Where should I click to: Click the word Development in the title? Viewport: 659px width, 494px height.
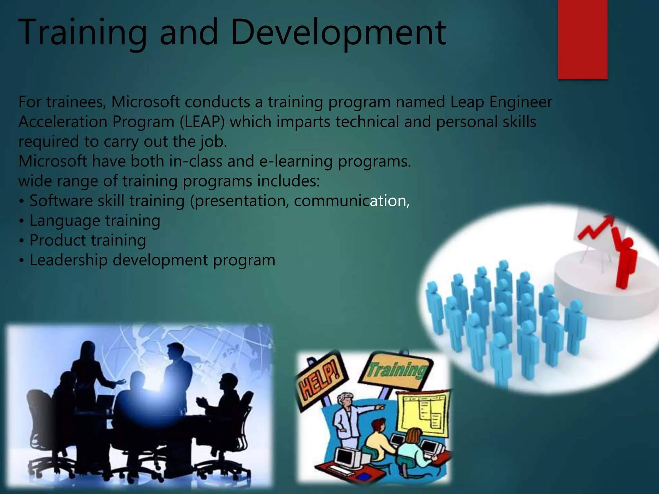pyautogui.click(x=338, y=32)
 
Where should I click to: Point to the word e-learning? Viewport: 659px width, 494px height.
pyautogui.click(x=296, y=161)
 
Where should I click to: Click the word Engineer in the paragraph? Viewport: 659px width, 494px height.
pyautogui.click(x=521, y=102)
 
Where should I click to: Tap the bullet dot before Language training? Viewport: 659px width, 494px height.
pyautogui.click(x=21, y=221)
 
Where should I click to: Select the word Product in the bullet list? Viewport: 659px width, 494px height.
pyautogui.click(x=58, y=240)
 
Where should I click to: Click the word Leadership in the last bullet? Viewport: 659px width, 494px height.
pyautogui.click(x=68, y=260)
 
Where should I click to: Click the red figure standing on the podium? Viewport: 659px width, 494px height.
pyautogui.click(x=626, y=261)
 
